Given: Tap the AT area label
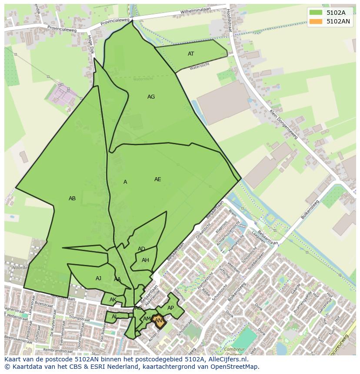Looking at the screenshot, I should point(191,54).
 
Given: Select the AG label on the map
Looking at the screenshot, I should point(151,97).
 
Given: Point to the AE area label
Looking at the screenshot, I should point(157,179).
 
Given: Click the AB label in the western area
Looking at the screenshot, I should point(72,199).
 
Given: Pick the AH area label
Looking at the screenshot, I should point(145,260).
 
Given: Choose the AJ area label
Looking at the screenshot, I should point(98,278).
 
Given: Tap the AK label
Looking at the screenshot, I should point(113,300).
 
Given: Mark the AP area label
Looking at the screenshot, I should point(170,308).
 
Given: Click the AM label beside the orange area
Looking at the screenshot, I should point(147,319).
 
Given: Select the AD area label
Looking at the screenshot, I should point(141,249).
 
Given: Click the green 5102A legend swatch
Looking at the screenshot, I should point(316,13).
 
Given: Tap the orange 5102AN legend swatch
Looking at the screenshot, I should point(316,21).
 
